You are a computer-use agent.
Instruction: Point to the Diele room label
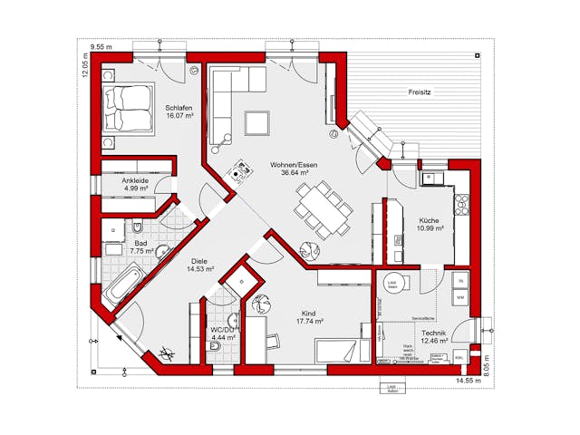(199, 264)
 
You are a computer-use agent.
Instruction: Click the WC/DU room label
(223, 333)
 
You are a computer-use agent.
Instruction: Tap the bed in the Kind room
(342, 351)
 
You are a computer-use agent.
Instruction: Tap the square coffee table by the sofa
(257, 121)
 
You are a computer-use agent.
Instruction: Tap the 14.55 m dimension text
(468, 382)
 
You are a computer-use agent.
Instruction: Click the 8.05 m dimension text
(487, 363)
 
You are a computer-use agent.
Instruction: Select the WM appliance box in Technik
(460, 296)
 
